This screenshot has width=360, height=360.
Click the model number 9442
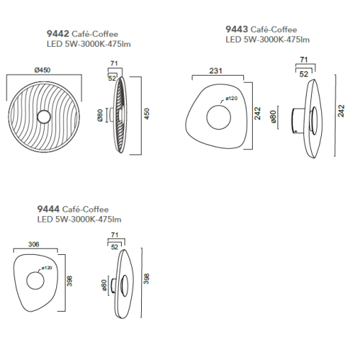point(58,34)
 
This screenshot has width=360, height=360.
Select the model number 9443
point(237,29)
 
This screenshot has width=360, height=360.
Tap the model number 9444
point(48,209)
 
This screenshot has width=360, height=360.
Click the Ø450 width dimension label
point(42,70)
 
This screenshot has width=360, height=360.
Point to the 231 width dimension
point(215,71)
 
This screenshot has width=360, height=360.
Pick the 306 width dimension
point(34,244)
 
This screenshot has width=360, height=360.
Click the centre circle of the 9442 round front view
point(44,117)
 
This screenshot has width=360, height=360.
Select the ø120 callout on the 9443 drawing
point(231,98)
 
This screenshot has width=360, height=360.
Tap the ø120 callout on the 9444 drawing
point(47,268)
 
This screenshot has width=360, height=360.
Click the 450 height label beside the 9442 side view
point(147,114)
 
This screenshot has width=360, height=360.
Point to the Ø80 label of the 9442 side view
point(100,115)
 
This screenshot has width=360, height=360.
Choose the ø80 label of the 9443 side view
point(273,117)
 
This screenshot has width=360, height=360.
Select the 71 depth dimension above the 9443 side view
point(304,60)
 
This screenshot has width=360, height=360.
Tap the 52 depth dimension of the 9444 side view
point(114,247)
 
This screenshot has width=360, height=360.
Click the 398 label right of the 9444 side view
point(146,279)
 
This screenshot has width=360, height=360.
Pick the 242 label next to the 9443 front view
point(257,114)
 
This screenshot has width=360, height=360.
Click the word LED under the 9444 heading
point(45,220)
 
